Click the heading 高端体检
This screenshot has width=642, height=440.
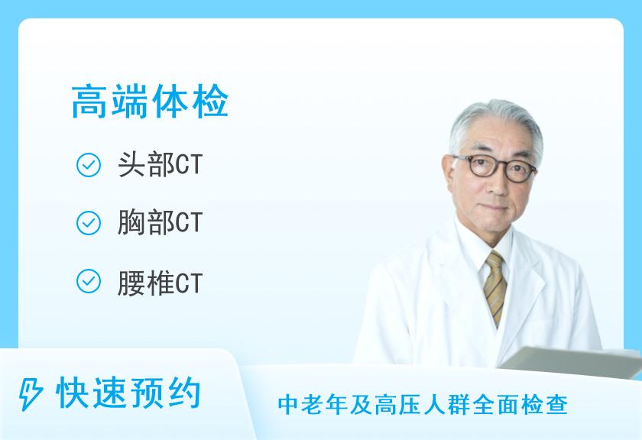pyautogui.click(x=150, y=102)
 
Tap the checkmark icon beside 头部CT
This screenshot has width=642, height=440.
pyautogui.click(x=89, y=165)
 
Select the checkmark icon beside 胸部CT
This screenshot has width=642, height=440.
pyautogui.click(x=89, y=223)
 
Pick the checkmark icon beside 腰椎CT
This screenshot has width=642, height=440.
pyautogui.click(x=89, y=281)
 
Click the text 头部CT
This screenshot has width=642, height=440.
pyautogui.click(x=160, y=165)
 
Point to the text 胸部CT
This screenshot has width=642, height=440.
pyautogui.click(x=160, y=223)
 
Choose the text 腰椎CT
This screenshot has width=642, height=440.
pyautogui.click(x=160, y=283)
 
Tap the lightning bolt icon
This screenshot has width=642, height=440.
pyautogui.click(x=31, y=393)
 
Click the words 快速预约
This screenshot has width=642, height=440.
pyautogui.click(x=128, y=393)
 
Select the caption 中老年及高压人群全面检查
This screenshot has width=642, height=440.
pyautogui.click(x=423, y=404)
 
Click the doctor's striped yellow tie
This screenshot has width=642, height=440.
pyautogui.click(x=495, y=286)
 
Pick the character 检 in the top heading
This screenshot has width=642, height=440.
pyautogui.click(x=210, y=102)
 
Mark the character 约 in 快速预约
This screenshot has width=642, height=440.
pyautogui.click(x=184, y=393)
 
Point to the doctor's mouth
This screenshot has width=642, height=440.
pyautogui.click(x=496, y=207)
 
